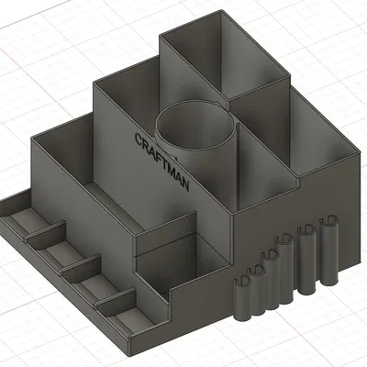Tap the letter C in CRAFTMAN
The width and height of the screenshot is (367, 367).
[139, 140]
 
